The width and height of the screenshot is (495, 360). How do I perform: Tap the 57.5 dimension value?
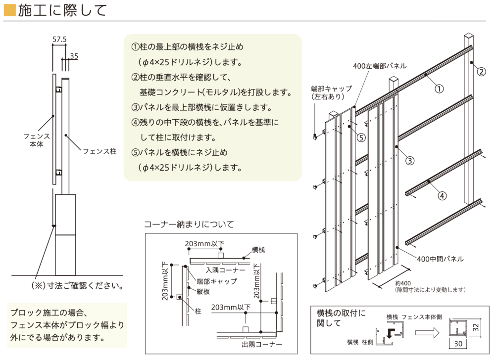point(59,38)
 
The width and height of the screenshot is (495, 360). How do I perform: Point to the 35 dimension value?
point(74,56)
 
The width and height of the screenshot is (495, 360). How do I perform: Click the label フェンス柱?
point(99,151)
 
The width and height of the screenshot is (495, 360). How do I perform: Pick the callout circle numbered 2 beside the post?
point(481,71)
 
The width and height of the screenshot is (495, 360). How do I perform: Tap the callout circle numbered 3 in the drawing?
point(410,160)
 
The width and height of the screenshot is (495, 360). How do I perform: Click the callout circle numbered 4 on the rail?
point(442,195)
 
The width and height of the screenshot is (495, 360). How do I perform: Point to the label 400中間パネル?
point(440,259)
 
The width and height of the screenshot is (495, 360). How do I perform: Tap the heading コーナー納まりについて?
point(189,224)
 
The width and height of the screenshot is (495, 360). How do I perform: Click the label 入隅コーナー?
point(226,270)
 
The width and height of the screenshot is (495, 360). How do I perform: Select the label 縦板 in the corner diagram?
point(203,291)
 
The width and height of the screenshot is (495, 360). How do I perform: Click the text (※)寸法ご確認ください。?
point(77,286)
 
